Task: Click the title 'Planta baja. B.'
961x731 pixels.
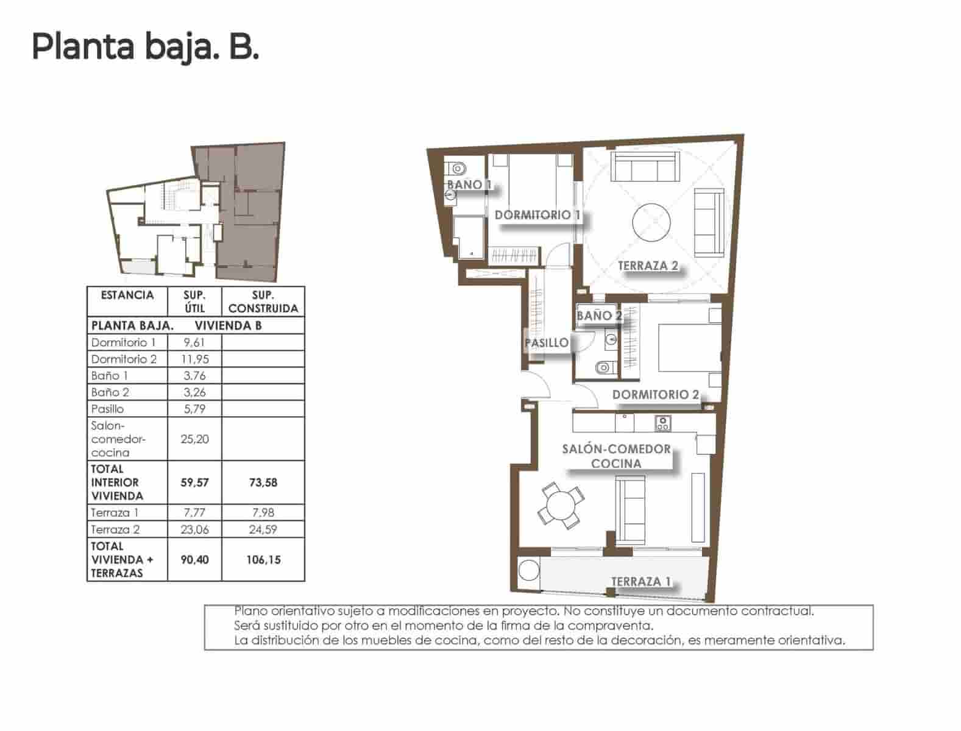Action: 145,47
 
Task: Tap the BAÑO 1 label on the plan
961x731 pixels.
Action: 469,185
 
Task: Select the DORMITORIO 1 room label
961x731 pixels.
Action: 537,215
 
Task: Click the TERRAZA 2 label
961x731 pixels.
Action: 647,266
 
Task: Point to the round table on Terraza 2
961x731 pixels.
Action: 651,222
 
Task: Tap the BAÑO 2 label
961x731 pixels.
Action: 600,316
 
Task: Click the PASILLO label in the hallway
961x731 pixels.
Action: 546,343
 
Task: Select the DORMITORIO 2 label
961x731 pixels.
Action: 655,395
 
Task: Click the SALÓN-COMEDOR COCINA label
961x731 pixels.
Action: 616,456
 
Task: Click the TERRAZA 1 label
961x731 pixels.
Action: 640,582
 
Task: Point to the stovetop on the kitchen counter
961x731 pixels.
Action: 662,423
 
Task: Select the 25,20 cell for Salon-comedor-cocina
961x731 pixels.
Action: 194,439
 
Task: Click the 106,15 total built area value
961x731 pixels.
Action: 263,560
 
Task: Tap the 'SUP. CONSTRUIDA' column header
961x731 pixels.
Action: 263,302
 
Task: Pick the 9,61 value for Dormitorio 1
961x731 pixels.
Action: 194,342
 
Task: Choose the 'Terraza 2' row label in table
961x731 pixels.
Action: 115,529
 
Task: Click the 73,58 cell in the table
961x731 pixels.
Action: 263,482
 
